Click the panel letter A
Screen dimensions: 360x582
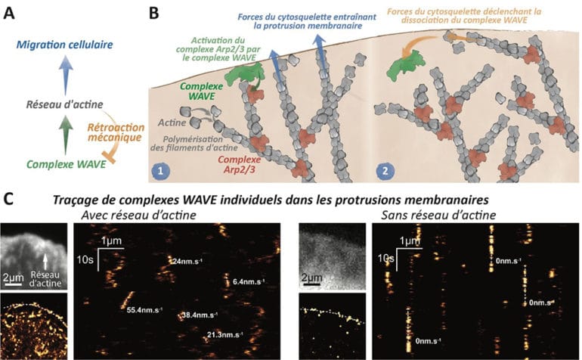pyautogui.click(x=10, y=11)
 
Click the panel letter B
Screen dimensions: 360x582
pyautogui.click(x=154, y=11)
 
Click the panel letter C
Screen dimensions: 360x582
pyautogui.click(x=10, y=200)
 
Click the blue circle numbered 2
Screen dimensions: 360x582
pyautogui.click(x=387, y=171)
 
